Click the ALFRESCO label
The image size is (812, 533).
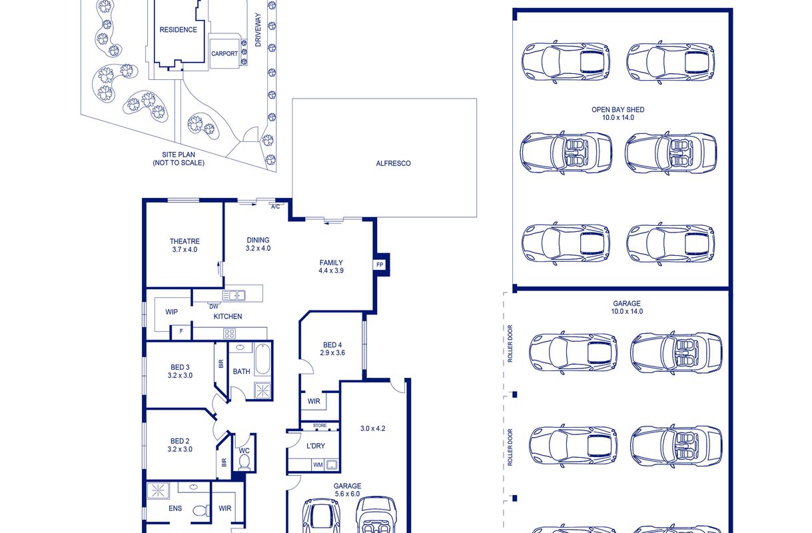coord(393,163)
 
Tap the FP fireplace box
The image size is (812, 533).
coord(380,265)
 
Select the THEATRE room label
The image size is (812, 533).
coord(185,241)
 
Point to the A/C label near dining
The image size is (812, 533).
coord(276,207)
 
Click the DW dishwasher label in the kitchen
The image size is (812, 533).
coord(214,306)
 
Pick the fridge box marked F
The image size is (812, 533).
coord(181,331)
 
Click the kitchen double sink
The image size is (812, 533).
coord(234,296)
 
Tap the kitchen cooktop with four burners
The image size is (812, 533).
coord(229,333)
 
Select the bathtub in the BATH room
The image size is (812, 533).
coord(262,359)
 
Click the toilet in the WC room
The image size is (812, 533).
coord(244,462)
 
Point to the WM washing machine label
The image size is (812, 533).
coord(318,465)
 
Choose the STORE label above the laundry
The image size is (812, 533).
coord(320,425)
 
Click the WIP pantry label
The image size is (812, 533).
coord(171,312)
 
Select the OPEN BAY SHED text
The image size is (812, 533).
coord(618,109)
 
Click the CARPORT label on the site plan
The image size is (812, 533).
coord(224,54)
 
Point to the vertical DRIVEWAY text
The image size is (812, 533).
coord(258,30)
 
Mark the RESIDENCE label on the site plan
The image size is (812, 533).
coord(179,30)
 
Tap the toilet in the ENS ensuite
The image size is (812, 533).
coord(201,510)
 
